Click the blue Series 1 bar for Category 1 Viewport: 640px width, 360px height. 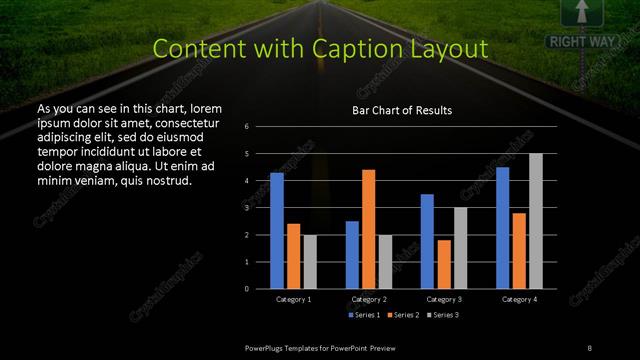coord(277,231)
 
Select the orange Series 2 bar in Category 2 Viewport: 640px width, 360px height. coord(368,229)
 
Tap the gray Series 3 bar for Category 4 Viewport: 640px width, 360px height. coord(535,221)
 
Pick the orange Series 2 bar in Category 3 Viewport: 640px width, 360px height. coord(443,264)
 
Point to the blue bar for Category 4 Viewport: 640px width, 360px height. coord(502,228)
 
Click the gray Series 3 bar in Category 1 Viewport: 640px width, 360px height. coord(310,262)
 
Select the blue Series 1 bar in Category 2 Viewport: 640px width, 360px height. coord(352,255)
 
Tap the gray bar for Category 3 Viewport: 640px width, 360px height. coord(460,248)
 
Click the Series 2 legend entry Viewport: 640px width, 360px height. coord(405,315)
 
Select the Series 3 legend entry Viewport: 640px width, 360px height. coord(443,315)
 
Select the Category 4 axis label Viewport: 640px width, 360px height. coord(519,299)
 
